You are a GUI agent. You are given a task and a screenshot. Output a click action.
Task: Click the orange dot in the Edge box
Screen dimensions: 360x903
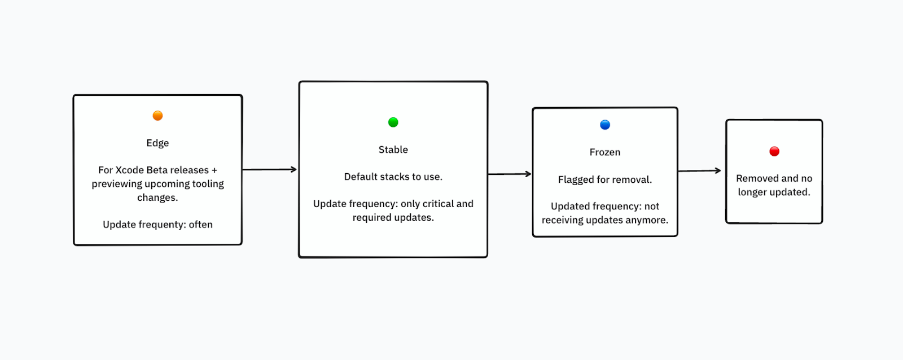click(157, 116)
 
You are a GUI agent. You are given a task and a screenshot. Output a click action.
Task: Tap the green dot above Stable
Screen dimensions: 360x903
click(393, 122)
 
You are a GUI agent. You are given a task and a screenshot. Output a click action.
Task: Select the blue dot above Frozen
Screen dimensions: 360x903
click(605, 125)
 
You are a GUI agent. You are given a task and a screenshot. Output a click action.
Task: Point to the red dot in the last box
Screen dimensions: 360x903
click(774, 151)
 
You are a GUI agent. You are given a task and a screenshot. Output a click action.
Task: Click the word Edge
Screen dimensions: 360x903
click(157, 143)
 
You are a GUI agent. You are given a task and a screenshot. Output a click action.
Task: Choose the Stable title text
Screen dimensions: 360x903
click(393, 150)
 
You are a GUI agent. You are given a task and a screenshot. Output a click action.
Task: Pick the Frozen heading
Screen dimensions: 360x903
click(605, 152)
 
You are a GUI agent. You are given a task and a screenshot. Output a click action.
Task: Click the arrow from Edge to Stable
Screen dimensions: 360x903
click(270, 169)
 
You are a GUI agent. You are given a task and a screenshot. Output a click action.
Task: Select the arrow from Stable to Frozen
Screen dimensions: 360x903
click(510, 174)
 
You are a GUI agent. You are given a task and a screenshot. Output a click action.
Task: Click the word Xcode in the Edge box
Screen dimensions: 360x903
click(129, 170)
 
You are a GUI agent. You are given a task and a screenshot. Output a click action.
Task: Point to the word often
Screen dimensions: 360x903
click(200, 225)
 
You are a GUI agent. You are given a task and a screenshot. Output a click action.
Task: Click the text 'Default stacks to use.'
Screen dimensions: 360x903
click(393, 177)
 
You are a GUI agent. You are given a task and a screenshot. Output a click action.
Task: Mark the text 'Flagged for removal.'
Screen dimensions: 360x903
click(605, 179)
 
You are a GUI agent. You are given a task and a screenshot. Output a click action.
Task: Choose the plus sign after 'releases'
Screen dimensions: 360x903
click(214, 170)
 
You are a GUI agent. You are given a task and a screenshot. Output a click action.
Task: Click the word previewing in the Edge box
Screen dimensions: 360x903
click(117, 184)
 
